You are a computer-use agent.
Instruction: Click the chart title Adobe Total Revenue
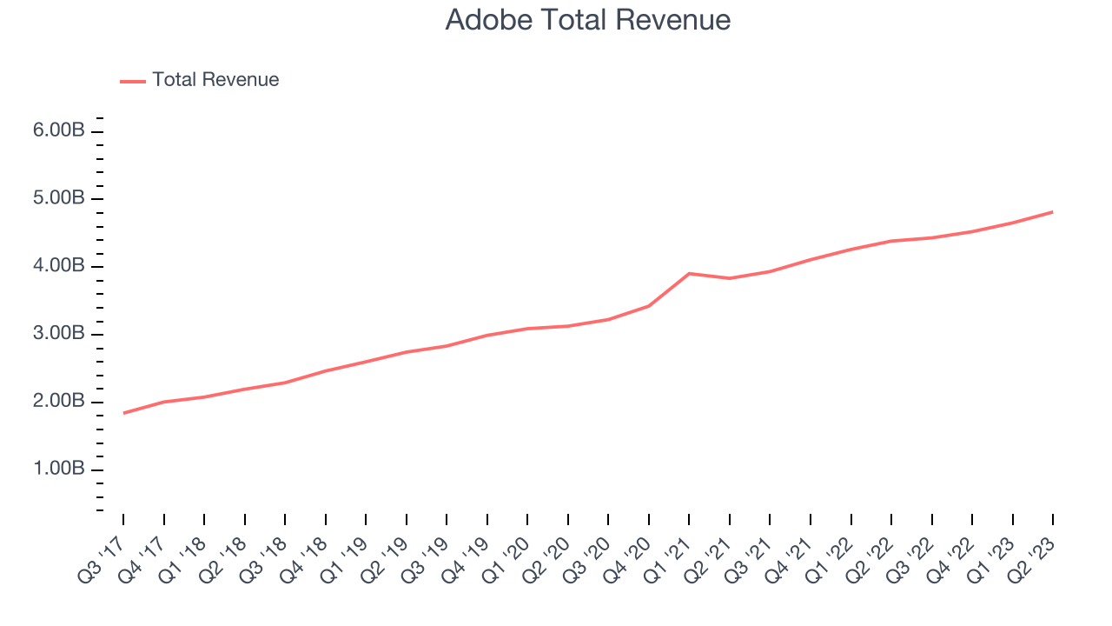[x=587, y=20]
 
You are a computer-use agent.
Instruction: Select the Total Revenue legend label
[x=215, y=80]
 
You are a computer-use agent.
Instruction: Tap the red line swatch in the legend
[x=133, y=81]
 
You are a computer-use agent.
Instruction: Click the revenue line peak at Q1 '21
[x=689, y=273]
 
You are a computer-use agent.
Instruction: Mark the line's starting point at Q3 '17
[x=123, y=413]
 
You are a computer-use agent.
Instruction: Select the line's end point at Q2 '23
[x=1052, y=211]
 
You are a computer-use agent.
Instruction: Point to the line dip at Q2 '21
[x=730, y=278]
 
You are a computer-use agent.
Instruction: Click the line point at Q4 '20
[x=649, y=305]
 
